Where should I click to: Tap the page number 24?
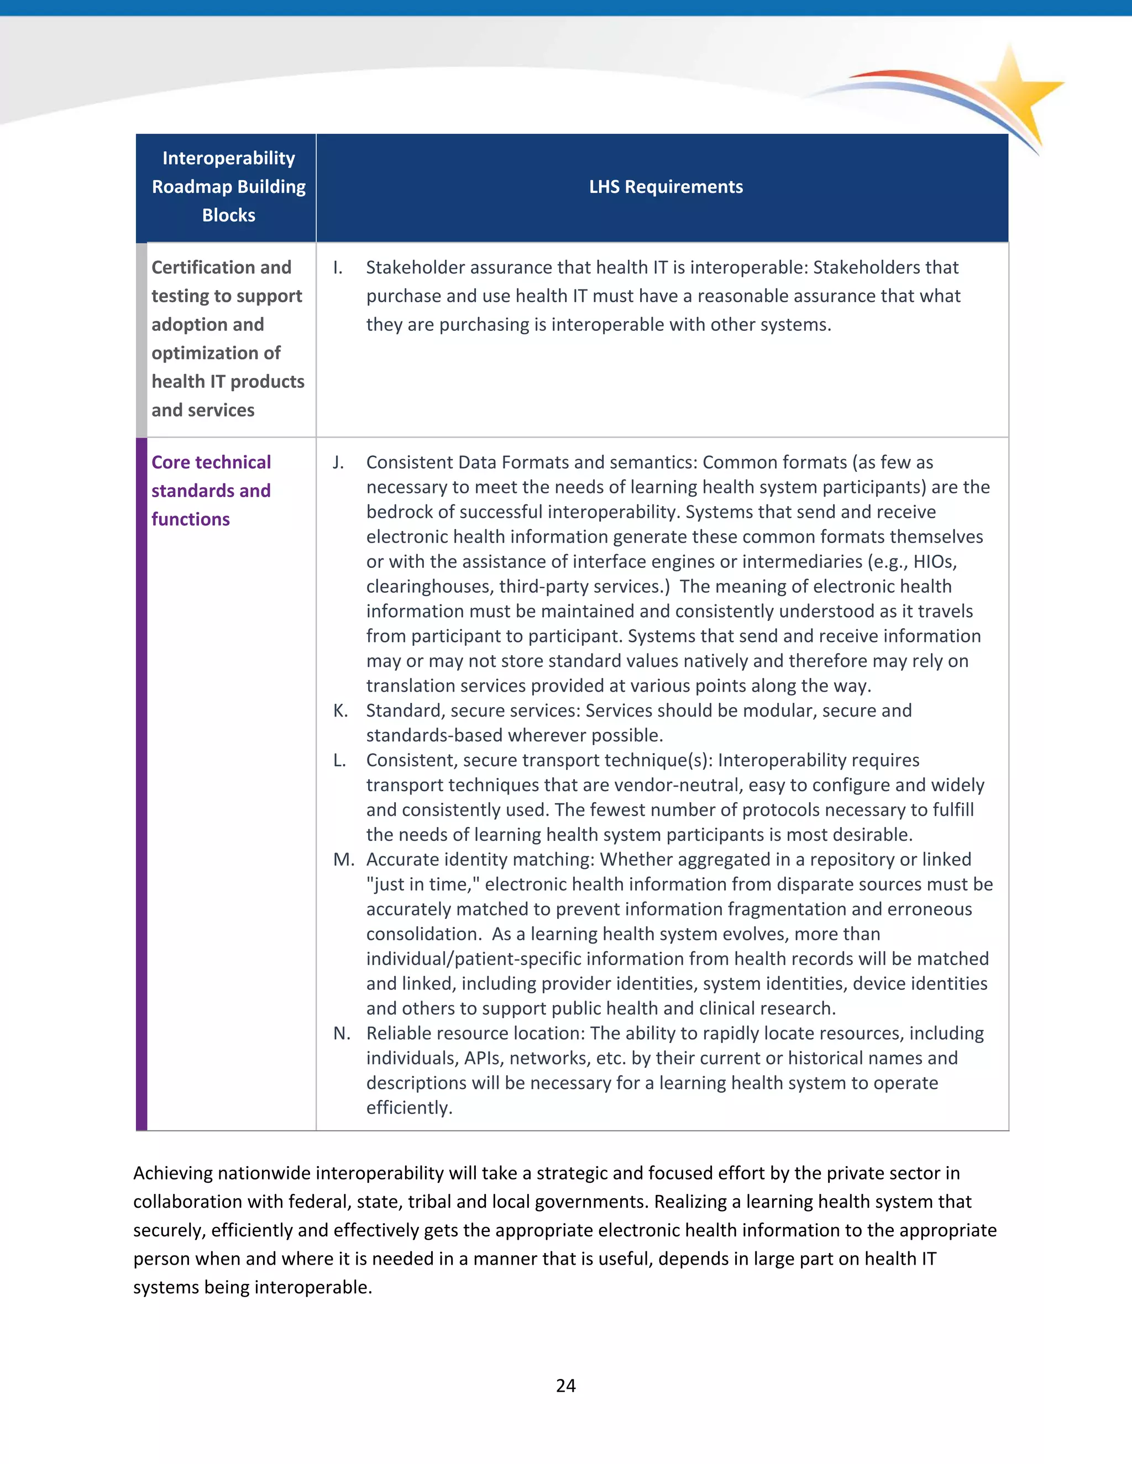(565, 1386)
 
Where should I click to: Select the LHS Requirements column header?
(665, 187)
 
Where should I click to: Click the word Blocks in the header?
(229, 215)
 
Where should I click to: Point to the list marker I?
(338, 267)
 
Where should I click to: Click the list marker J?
(339, 462)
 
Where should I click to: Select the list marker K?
(340, 710)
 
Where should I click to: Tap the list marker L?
(339, 760)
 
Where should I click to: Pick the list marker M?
(343, 860)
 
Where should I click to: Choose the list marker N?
(342, 1033)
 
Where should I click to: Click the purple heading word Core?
(172, 462)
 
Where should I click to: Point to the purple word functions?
(191, 519)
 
